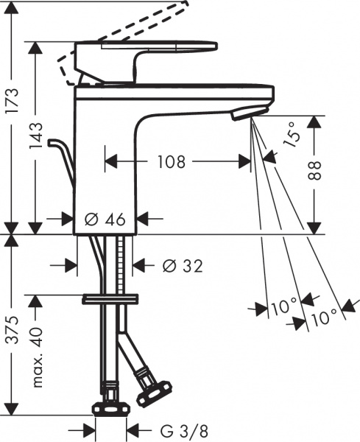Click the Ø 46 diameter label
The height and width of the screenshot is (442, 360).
pos(105,219)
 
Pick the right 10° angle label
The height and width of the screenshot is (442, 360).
pos(325,317)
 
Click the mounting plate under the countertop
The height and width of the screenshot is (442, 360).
pos(110,298)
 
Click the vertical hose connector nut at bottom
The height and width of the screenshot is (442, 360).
pos(110,408)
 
